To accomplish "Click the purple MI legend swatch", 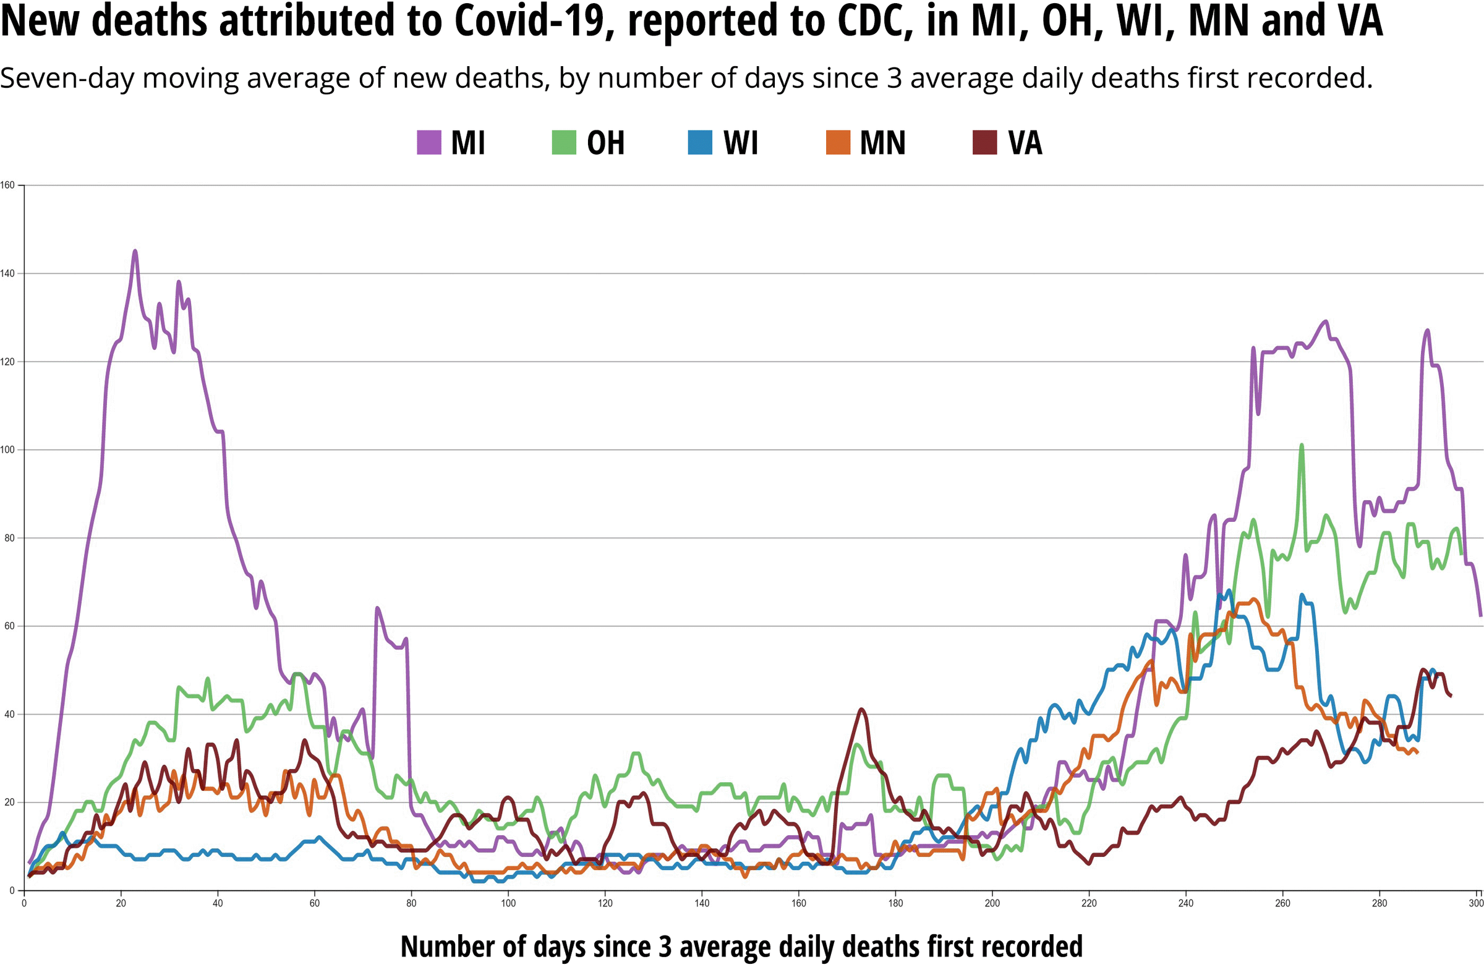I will coord(429,142).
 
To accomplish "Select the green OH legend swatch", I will coord(564,142).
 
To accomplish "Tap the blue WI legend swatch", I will coord(699,142).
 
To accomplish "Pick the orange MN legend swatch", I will coord(838,142).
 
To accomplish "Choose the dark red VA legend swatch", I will coord(984,142).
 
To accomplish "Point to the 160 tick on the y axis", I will coord(7,185).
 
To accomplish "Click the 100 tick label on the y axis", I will coord(7,449).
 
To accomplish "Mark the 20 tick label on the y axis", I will coord(9,803).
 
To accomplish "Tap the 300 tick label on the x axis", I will coord(1476,903).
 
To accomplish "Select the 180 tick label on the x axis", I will coord(895,903).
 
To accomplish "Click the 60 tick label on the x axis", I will coord(314,903).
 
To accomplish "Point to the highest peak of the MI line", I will coord(135,251).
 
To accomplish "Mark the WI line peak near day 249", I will coord(1229,590).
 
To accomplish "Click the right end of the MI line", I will coord(1480,615).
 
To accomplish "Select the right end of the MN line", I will coord(1417,753).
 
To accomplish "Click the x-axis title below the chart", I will coord(741,946).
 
